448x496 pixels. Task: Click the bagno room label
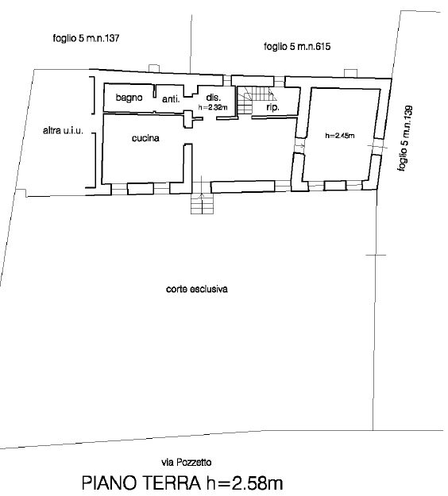tap(129, 98)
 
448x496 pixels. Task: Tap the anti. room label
tap(171, 99)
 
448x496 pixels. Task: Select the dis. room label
tap(213, 98)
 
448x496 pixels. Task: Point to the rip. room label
tap(272, 108)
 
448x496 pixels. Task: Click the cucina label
tap(145, 138)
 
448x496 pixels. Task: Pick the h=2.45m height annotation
tap(340, 136)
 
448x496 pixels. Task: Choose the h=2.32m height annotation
tap(213, 108)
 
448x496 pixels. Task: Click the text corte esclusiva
tap(197, 289)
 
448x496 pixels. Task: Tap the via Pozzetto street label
tap(186, 463)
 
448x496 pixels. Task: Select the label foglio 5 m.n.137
tap(86, 39)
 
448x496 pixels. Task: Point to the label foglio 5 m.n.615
tap(297, 47)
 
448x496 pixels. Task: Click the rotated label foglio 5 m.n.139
tap(405, 139)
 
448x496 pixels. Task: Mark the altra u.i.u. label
tap(63, 130)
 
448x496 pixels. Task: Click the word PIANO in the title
tap(110, 483)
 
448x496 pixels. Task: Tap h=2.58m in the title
tap(245, 483)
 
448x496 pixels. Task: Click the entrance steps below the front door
tap(202, 203)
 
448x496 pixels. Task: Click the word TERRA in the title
tap(172, 483)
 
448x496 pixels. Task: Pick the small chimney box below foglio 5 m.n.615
tap(350, 73)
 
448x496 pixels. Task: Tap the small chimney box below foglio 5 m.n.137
tap(154, 68)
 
